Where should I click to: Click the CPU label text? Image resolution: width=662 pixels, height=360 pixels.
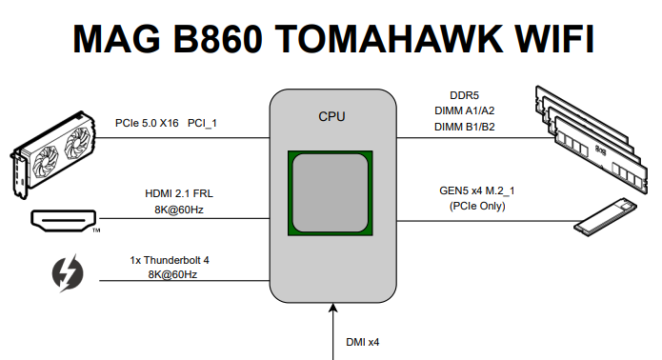pyautogui.click(x=331, y=117)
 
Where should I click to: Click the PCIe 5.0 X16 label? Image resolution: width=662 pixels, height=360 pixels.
pyautogui.click(x=146, y=123)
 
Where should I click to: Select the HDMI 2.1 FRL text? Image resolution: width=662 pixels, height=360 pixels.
pyautogui.click(x=179, y=192)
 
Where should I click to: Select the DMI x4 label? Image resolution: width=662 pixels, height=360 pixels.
pyautogui.click(x=363, y=340)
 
